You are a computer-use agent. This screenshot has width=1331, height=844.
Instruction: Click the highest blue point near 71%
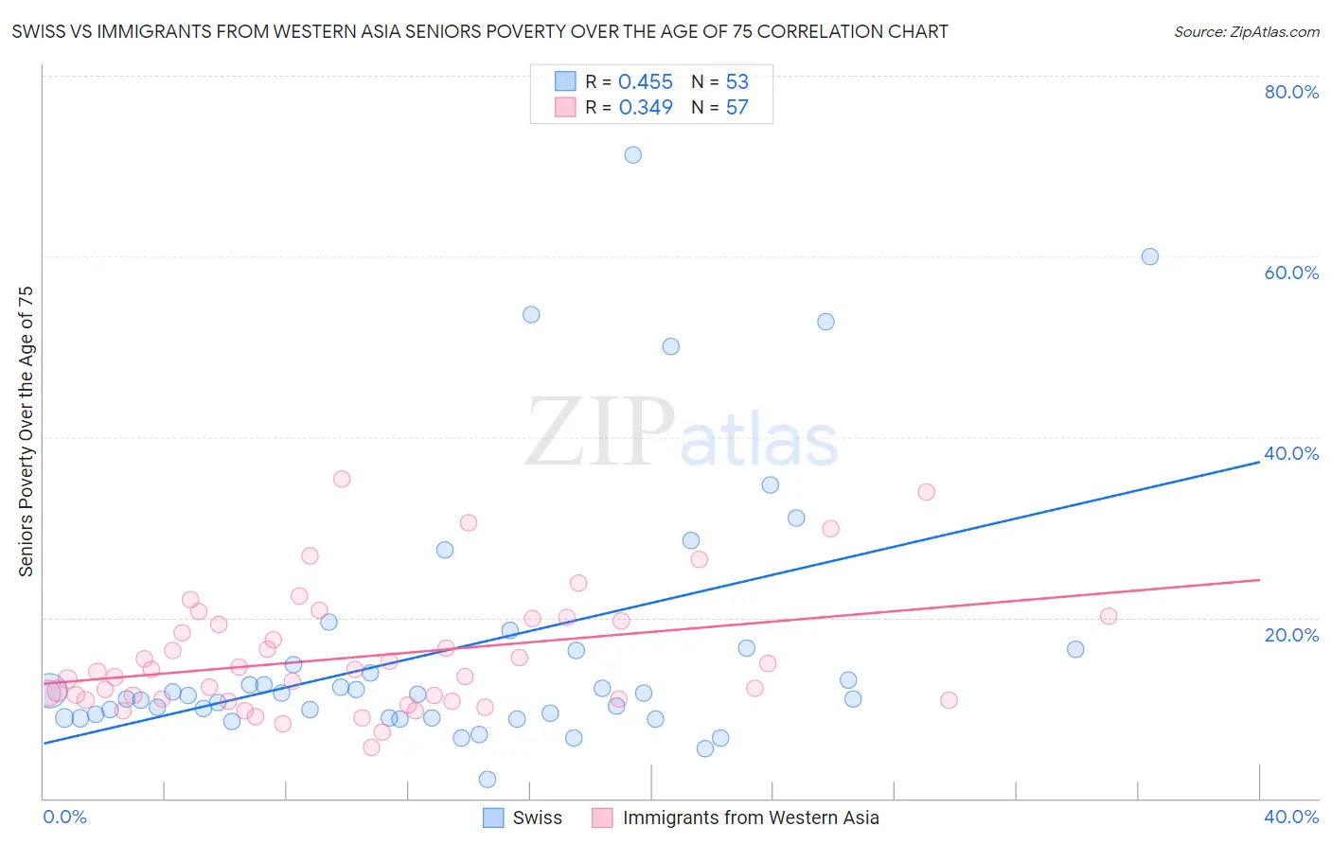tap(633, 155)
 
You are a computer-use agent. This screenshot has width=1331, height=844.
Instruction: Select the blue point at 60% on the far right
tap(1150, 256)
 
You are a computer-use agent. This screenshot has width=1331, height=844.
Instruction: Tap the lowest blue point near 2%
tap(488, 780)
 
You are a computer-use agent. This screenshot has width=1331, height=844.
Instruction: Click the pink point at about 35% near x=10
tap(342, 479)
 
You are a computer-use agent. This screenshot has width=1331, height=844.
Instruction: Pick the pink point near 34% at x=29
tap(927, 492)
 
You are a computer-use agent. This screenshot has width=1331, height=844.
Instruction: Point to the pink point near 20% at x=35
tap(1109, 616)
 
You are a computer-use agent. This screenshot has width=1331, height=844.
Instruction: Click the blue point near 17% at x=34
tap(1075, 649)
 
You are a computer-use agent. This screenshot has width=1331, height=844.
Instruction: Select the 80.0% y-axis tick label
tap(1291, 92)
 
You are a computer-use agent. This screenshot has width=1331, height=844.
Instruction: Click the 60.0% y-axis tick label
tap(1291, 273)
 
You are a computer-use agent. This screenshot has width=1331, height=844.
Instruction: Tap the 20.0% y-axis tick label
tap(1291, 635)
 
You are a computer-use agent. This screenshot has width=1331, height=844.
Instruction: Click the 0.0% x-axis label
tap(65, 817)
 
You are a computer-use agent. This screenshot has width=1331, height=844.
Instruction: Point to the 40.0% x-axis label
tap(1291, 817)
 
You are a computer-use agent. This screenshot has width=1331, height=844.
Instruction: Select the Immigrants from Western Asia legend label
tap(751, 818)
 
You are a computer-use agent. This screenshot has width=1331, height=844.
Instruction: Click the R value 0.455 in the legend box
tap(646, 82)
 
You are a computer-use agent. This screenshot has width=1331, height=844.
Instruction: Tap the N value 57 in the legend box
tap(736, 108)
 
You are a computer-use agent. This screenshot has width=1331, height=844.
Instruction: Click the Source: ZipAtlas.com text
tap(1247, 32)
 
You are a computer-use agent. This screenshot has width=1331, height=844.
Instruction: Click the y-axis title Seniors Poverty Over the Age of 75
tap(27, 431)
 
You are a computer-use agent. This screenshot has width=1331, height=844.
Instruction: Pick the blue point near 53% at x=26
tap(826, 322)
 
